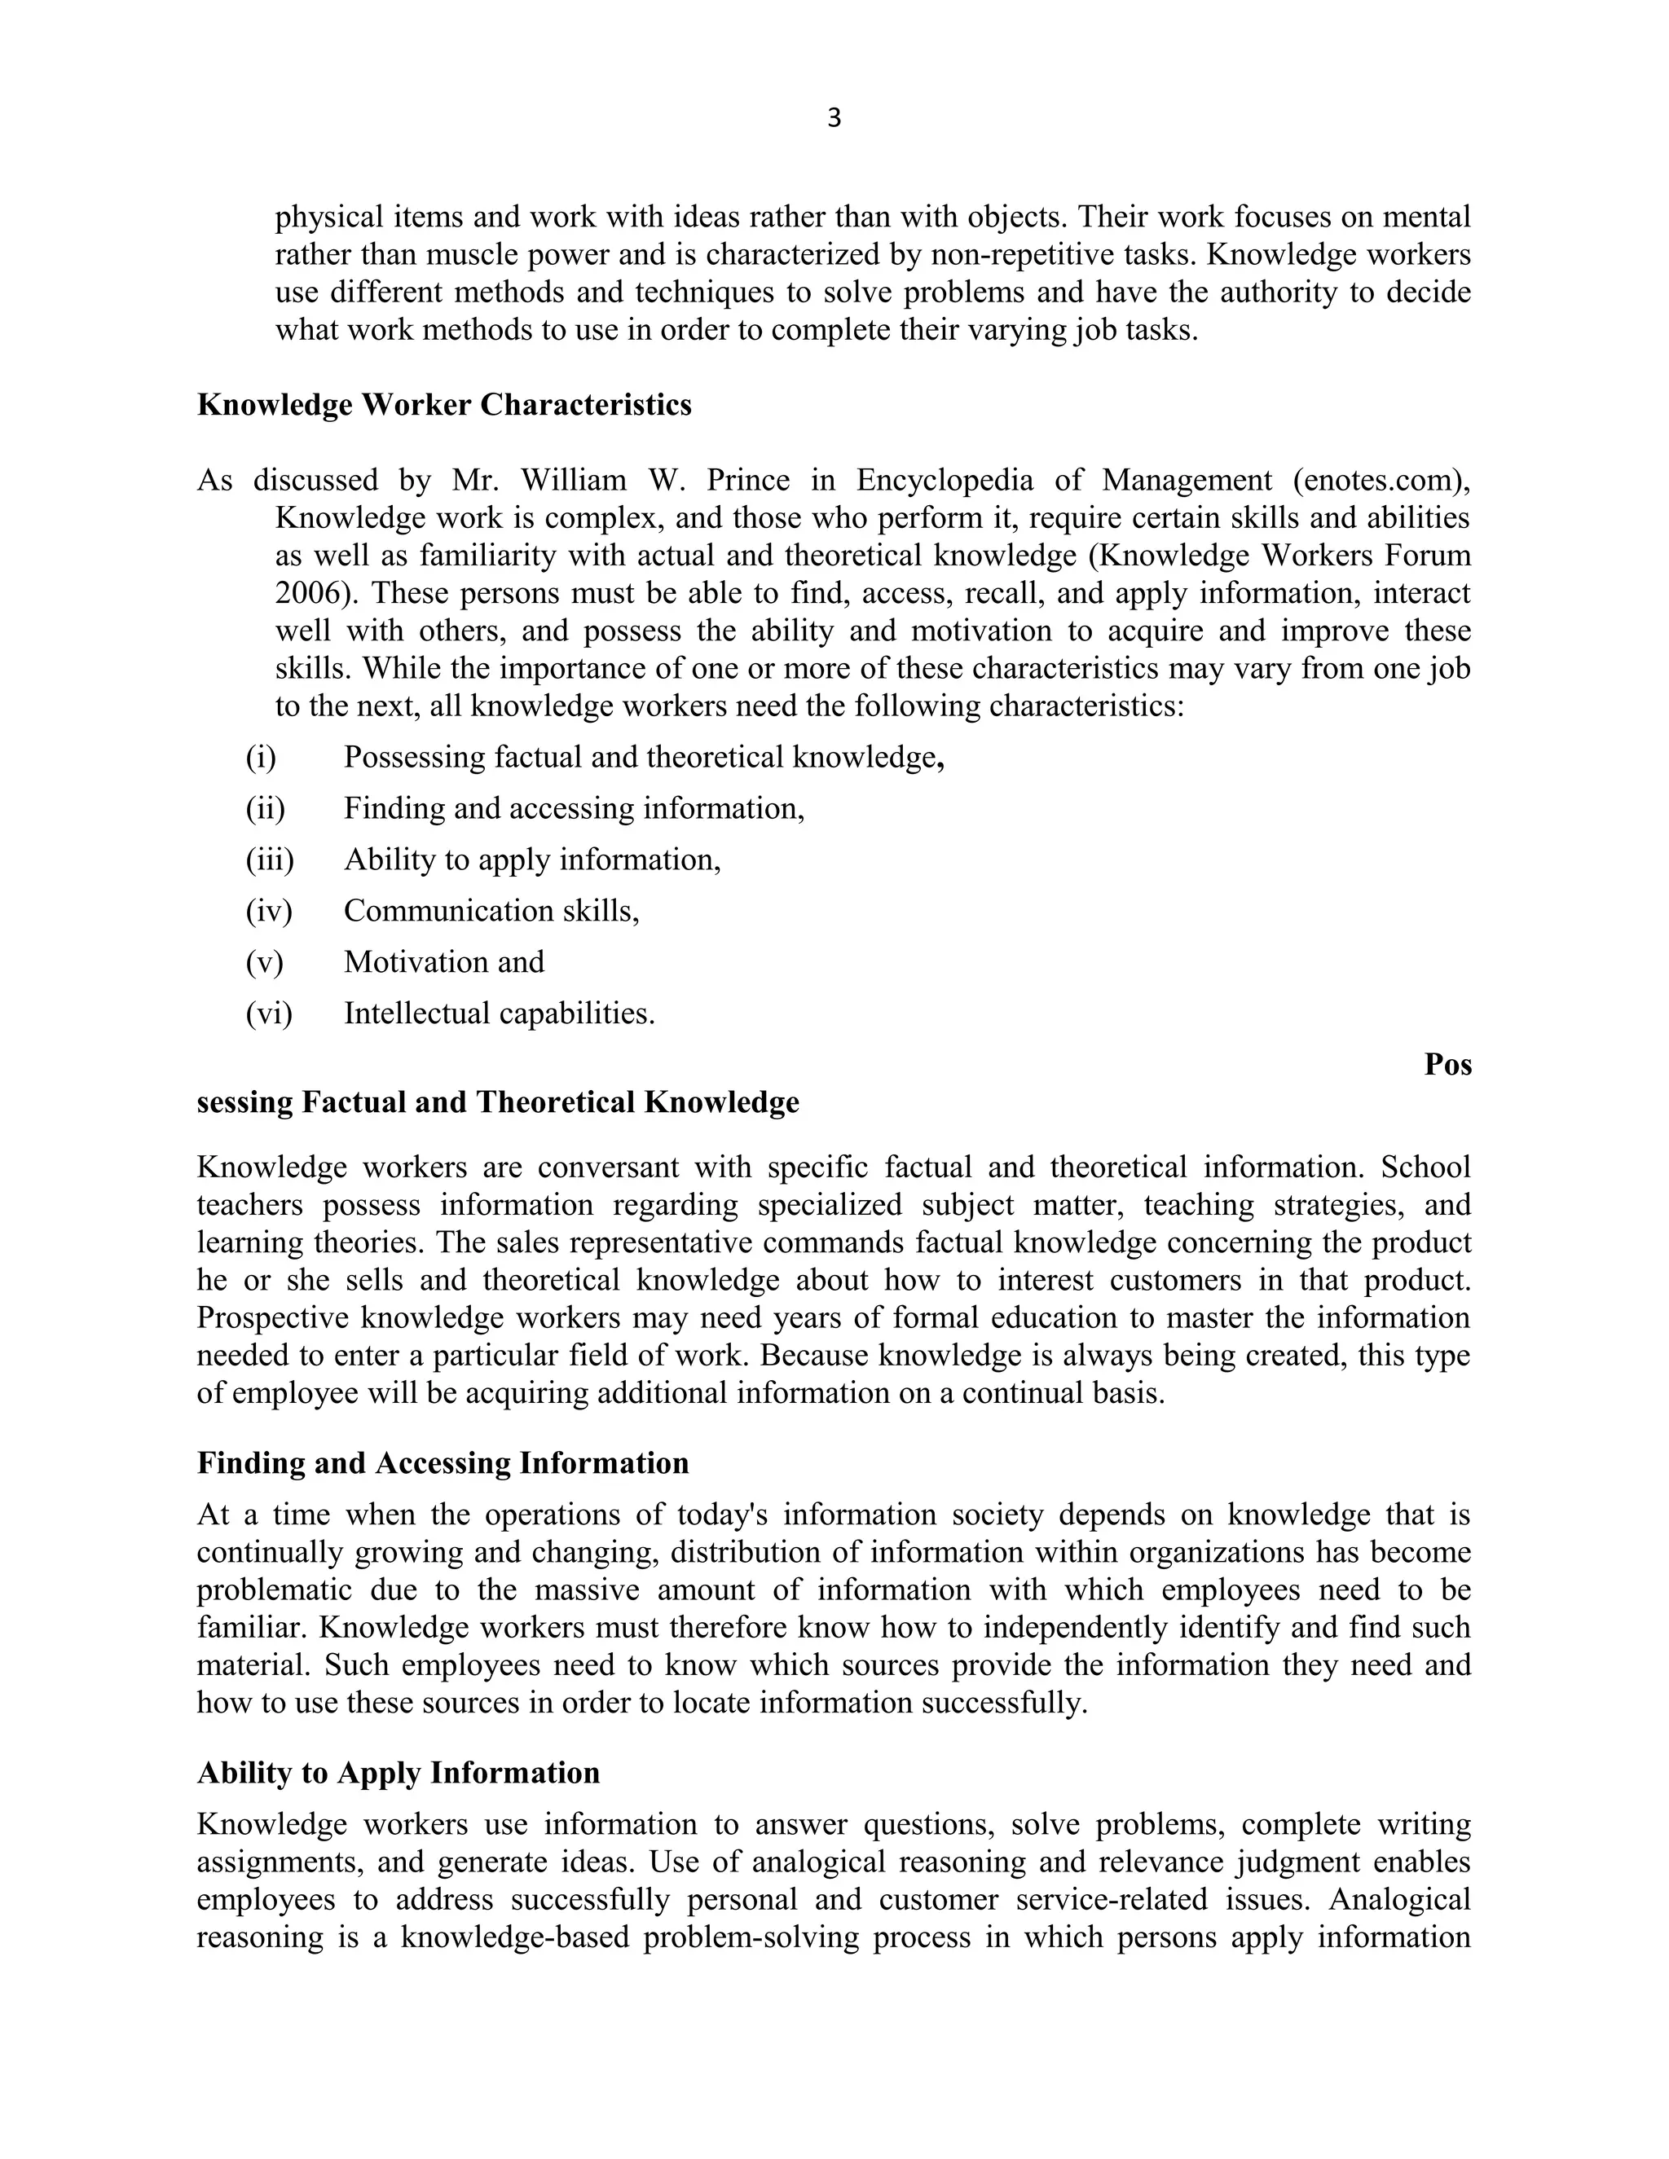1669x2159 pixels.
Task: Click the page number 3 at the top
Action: click(x=834, y=119)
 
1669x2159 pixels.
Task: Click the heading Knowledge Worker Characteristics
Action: click(x=444, y=405)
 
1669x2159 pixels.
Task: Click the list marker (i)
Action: click(x=261, y=759)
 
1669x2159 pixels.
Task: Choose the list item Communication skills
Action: click(x=491, y=911)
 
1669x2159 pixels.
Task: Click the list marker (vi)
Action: click(x=269, y=1014)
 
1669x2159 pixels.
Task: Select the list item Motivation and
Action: click(x=444, y=962)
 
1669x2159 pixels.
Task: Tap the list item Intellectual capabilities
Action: click(x=500, y=1014)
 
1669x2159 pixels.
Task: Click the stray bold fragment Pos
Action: click(x=1447, y=1065)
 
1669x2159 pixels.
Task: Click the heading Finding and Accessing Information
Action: click(x=443, y=1463)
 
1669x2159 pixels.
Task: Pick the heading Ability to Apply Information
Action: click(x=399, y=1773)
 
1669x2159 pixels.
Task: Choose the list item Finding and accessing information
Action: click(x=574, y=809)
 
